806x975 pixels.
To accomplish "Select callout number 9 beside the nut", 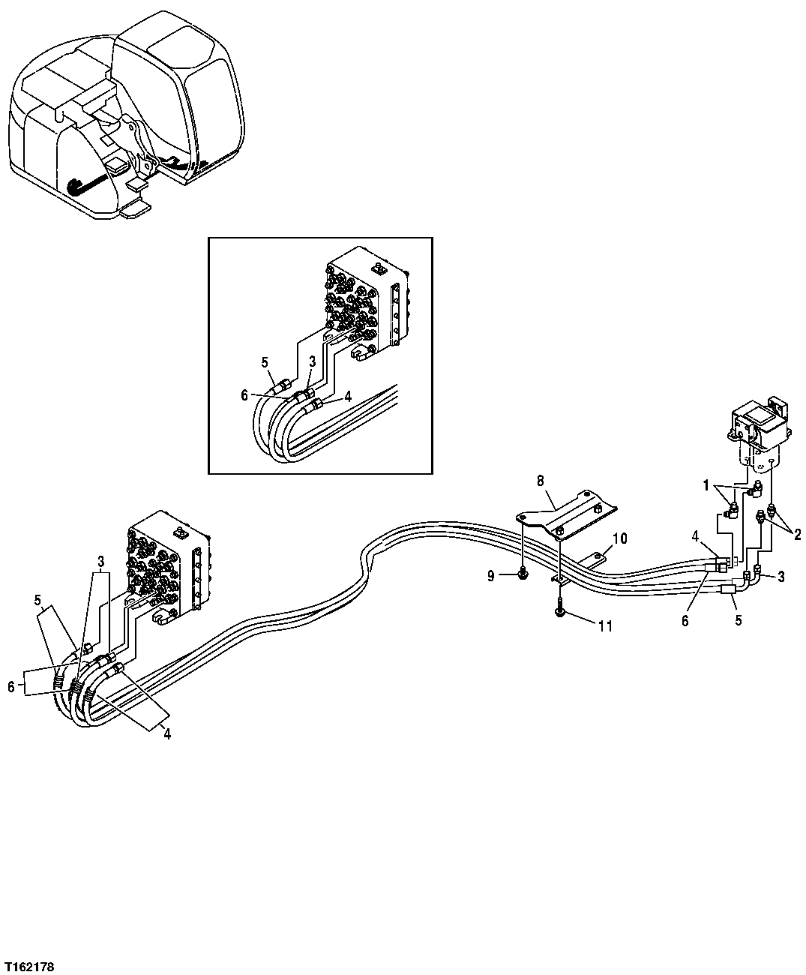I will pyautogui.click(x=490, y=576).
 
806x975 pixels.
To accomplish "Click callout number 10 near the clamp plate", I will pyautogui.click(x=619, y=538).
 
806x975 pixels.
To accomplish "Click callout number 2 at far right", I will pyautogui.click(x=798, y=535).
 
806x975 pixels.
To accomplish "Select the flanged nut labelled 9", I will pyautogui.click(x=523, y=574).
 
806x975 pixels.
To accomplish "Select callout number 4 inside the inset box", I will pyautogui.click(x=348, y=397).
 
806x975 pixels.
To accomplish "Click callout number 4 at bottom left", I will pyautogui.click(x=167, y=735).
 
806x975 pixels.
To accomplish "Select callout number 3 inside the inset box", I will pyautogui.click(x=313, y=361).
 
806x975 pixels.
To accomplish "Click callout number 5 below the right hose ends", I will pyautogui.click(x=738, y=621).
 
